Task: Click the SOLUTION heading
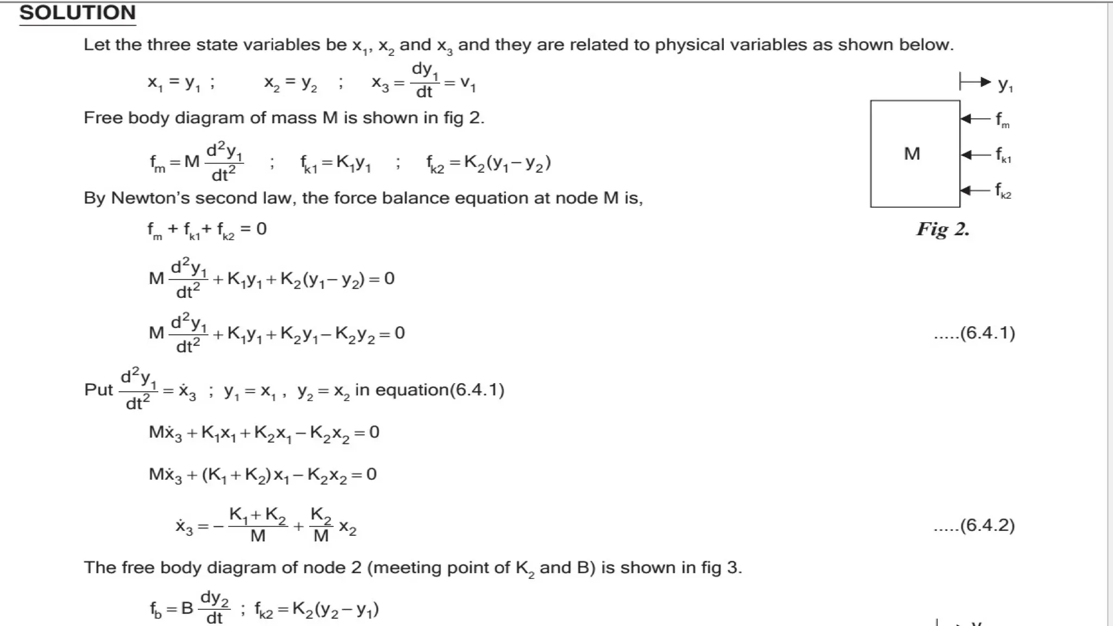pos(77,13)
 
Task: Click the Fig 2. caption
pos(943,229)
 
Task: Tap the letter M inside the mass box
pos(912,154)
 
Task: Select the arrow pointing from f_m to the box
pos(976,119)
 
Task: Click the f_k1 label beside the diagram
pos(1003,155)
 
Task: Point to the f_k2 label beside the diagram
pos(1003,191)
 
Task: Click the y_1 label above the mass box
pos(1005,84)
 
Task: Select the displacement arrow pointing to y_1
pos(976,82)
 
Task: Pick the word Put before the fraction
pos(98,390)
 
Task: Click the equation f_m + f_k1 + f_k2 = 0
pos(207,230)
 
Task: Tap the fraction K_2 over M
pos(321,525)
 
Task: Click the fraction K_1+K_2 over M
pos(258,525)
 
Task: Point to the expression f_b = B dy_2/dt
pos(190,608)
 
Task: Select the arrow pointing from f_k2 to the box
pos(976,190)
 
